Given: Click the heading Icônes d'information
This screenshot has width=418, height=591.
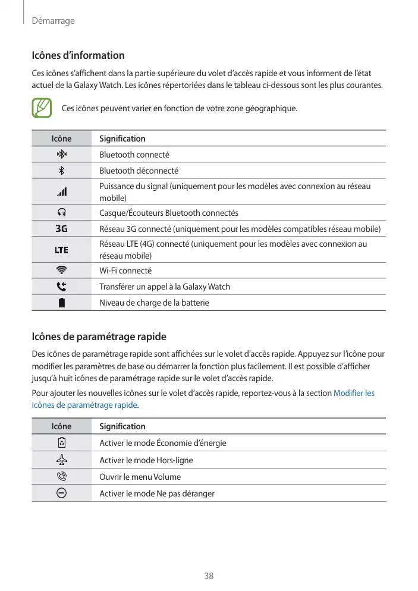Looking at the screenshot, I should point(78,55).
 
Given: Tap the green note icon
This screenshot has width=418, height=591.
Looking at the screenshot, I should point(42,108).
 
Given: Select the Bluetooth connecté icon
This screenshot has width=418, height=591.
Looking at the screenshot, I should point(61,155).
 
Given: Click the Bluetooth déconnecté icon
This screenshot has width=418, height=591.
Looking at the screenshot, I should point(61,171).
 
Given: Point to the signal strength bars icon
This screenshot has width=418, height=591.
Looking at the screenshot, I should point(61,192).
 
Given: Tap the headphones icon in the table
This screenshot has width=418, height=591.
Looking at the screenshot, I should point(61,213).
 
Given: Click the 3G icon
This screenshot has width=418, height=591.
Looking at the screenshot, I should point(61,229).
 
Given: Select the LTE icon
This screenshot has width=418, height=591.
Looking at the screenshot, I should point(61,250).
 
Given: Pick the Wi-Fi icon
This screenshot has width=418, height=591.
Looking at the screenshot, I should point(61,271).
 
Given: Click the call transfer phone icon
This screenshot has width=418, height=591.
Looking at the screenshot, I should point(61,287).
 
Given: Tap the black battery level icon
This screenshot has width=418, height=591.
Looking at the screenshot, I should point(61,303).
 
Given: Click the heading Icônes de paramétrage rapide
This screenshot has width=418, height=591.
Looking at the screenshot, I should point(99,337).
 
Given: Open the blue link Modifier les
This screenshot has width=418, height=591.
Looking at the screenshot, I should point(354,393).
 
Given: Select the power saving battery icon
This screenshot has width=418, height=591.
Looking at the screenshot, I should point(61,443).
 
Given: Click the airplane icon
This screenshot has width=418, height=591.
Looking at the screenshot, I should point(61,460).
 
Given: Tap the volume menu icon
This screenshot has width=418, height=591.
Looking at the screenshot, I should point(61,477).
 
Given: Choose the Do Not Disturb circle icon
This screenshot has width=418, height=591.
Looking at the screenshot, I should point(61,493).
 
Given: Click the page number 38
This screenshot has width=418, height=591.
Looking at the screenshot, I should point(209,576).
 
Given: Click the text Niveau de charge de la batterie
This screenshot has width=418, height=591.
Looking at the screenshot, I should point(154,303).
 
